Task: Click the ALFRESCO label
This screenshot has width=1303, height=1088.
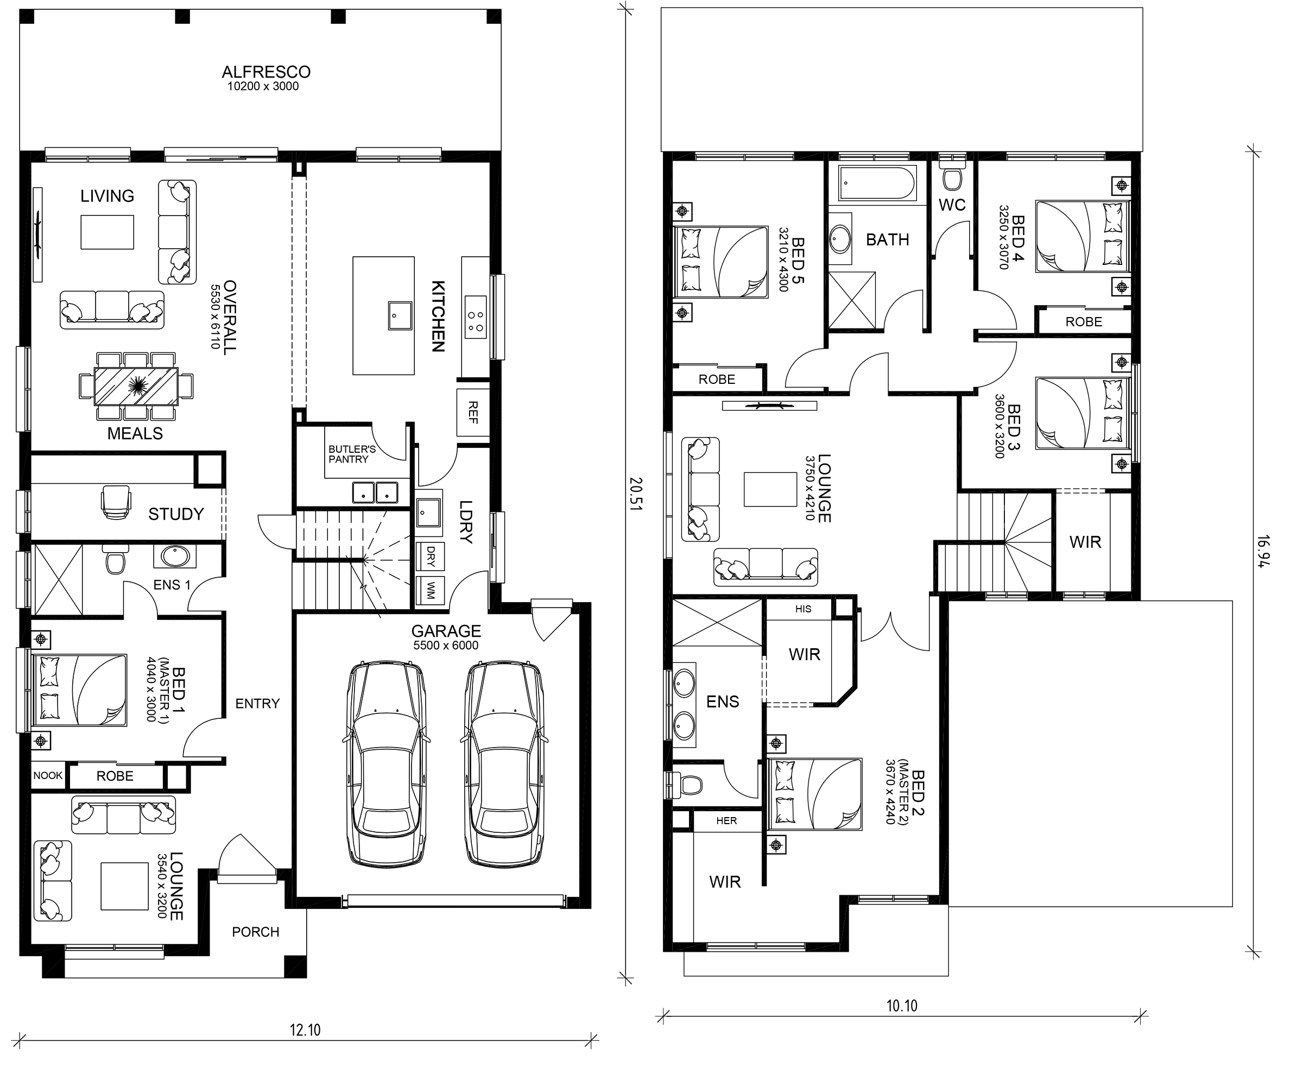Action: (x=266, y=72)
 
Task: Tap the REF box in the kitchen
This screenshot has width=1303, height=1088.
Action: (x=473, y=413)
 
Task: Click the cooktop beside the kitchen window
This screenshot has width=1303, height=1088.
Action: (x=476, y=317)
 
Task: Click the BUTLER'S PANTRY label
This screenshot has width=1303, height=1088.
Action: (x=352, y=454)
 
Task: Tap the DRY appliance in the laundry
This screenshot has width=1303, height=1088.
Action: (x=431, y=557)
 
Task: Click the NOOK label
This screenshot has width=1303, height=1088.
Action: (x=48, y=775)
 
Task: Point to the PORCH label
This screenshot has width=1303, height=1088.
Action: (x=256, y=932)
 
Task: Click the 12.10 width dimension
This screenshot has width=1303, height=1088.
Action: (x=305, y=1030)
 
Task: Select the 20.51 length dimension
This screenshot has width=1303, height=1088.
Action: (x=636, y=494)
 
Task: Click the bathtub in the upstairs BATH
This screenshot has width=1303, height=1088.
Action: (x=877, y=184)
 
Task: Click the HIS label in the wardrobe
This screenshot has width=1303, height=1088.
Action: (x=803, y=609)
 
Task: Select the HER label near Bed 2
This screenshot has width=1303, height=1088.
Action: (x=726, y=821)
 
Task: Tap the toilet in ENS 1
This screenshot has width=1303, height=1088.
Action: (x=116, y=560)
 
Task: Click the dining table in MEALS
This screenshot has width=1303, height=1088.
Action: (x=136, y=387)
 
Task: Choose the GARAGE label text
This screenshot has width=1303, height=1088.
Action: (x=446, y=631)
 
